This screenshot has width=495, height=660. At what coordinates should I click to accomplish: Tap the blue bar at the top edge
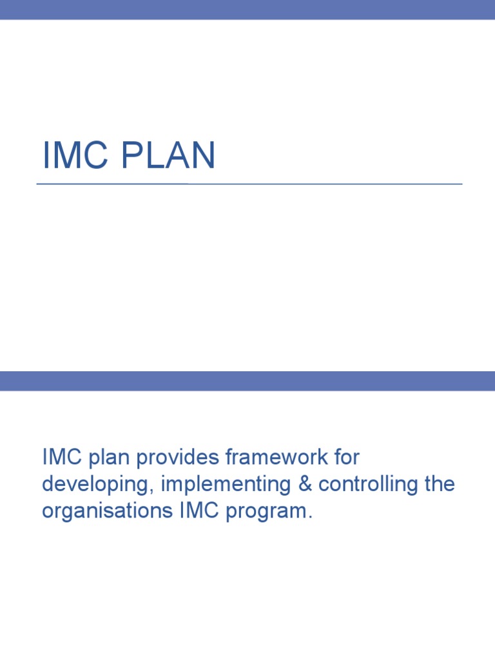point(247,10)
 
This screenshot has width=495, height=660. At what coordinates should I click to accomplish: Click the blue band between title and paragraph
point(247,381)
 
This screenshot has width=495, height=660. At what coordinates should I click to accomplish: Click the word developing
point(96,485)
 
